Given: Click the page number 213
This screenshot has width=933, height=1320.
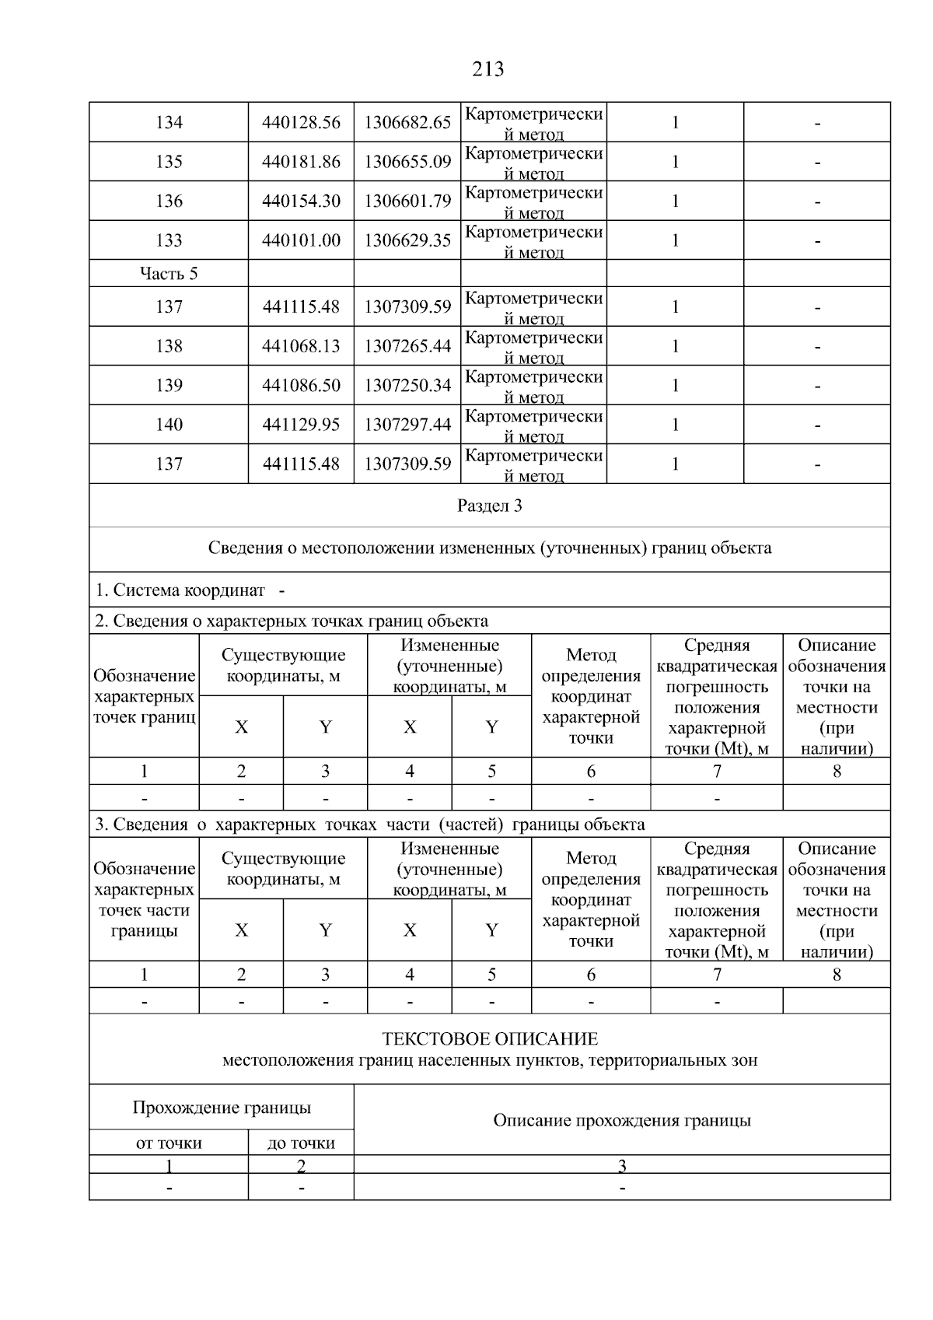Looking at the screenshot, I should [487, 69].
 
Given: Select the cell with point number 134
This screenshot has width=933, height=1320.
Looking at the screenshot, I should [169, 123].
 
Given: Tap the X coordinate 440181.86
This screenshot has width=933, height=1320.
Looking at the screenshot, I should [301, 163].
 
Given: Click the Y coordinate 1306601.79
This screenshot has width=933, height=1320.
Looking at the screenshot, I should [407, 201].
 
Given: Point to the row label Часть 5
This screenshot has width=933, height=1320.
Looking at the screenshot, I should [169, 274].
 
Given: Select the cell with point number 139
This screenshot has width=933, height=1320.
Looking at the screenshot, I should [169, 386].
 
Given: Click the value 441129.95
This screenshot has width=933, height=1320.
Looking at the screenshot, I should [301, 425].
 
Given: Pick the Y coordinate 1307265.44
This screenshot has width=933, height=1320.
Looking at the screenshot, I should [407, 346].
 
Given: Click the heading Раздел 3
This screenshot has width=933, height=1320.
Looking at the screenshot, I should [489, 506].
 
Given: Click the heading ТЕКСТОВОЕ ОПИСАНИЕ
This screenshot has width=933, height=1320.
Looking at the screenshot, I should [490, 1039].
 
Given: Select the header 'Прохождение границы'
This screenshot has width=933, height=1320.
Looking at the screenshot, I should [222, 1108].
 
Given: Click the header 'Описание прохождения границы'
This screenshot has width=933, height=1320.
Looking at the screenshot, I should [622, 1121].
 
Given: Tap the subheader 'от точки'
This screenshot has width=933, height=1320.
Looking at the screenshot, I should [169, 1143].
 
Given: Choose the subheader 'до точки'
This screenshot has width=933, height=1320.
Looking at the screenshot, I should [301, 1143].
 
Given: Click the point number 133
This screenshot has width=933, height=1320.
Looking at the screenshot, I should [169, 241].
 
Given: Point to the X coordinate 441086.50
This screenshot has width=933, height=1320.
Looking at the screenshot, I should [301, 386].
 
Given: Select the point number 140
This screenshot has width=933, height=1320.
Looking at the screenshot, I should [169, 425].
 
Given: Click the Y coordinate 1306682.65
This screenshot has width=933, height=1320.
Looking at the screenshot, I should [407, 123].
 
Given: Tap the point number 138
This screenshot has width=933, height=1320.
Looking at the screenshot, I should [169, 346].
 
